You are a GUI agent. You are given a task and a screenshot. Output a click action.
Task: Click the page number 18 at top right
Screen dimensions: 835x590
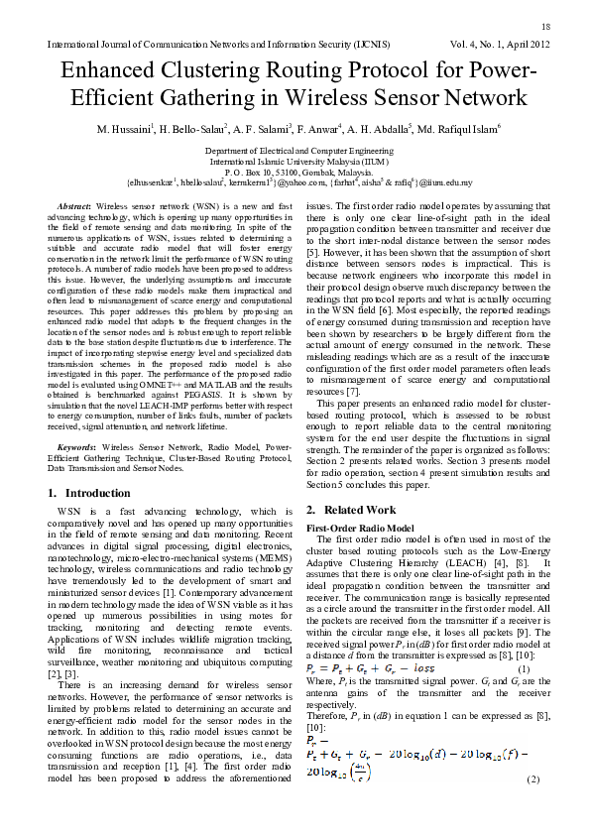[x=545, y=25]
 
